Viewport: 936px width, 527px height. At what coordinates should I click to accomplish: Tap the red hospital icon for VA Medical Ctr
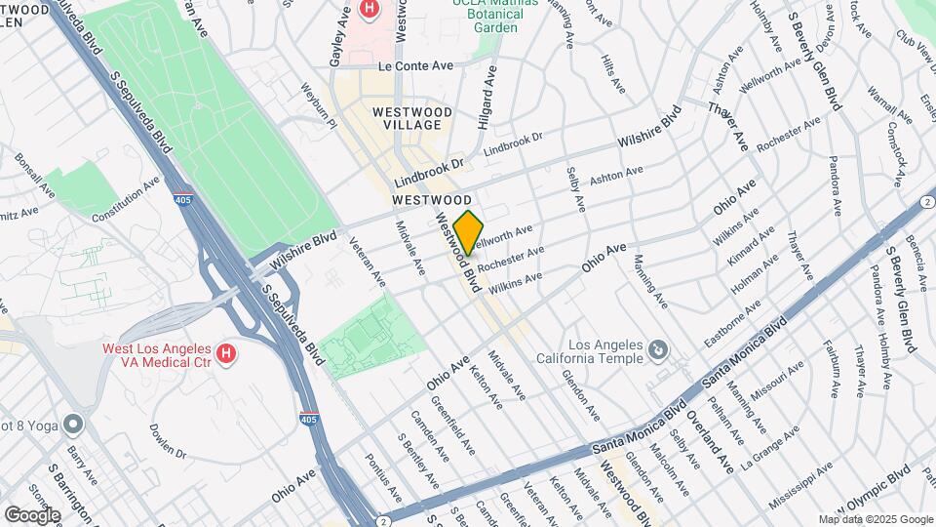[x=226, y=352]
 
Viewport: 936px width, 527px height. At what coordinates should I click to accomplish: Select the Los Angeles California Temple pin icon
[x=660, y=349]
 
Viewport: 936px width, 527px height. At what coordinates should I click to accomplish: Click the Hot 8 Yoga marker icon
[x=73, y=425]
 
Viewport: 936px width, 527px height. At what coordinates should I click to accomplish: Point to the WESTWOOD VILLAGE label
[x=412, y=119]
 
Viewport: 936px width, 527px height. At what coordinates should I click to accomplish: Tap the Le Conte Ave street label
[x=416, y=65]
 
